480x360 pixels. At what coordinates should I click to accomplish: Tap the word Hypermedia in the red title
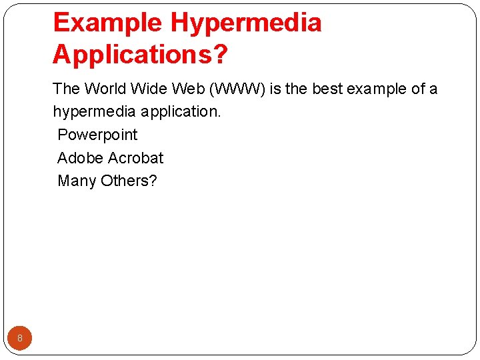coord(246,23)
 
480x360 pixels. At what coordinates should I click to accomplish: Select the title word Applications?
coord(140,55)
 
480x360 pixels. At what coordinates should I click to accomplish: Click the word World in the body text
coord(105,89)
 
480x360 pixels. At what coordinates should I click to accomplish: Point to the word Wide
coord(150,89)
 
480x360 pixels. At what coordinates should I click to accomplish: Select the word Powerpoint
coord(97,135)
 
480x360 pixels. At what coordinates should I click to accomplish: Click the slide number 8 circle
coord(20,338)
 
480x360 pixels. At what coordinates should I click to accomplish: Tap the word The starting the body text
coord(67,89)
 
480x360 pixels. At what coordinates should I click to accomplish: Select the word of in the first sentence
coord(417,89)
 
